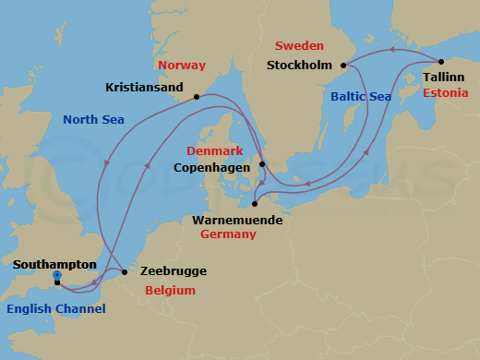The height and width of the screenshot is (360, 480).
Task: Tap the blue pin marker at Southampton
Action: click(x=57, y=275)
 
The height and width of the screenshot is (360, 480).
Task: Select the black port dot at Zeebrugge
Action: click(x=125, y=271)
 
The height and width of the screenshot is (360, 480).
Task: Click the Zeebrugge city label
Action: click(x=173, y=271)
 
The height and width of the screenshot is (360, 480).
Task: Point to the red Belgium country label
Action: click(x=170, y=290)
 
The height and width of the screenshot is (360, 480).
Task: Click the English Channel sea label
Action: click(x=55, y=308)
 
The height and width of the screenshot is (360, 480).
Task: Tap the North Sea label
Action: click(x=94, y=119)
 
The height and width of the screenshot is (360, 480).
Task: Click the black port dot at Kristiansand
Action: click(x=197, y=97)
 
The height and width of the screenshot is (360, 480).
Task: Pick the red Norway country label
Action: click(x=182, y=66)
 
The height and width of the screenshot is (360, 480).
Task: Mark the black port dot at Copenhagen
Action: click(x=262, y=165)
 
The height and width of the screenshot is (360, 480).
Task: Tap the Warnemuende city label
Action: click(x=237, y=221)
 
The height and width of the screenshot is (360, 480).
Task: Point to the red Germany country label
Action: click(x=230, y=235)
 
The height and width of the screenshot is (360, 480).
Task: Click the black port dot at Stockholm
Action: click(x=343, y=66)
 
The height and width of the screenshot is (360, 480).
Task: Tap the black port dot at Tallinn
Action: click(x=442, y=62)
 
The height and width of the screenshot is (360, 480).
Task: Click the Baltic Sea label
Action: click(x=361, y=96)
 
